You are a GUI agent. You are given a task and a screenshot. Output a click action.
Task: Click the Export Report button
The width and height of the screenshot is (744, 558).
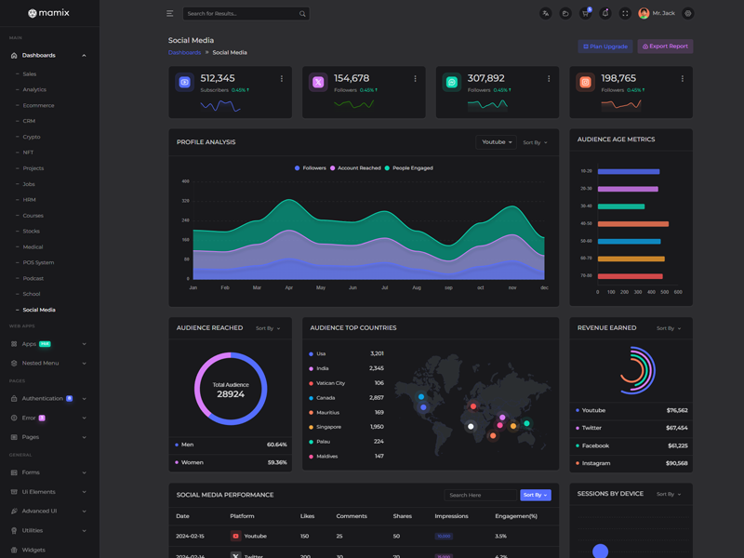click(x=665, y=46)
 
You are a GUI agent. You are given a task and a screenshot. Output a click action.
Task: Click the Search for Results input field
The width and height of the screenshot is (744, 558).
click(x=241, y=14)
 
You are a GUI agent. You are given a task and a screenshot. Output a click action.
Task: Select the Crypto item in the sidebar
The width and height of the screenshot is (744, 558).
click(x=32, y=137)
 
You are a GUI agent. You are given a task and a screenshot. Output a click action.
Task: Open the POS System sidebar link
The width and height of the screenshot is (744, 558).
click(x=38, y=262)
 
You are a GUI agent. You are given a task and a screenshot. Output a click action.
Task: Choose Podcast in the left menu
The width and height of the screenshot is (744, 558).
click(x=33, y=278)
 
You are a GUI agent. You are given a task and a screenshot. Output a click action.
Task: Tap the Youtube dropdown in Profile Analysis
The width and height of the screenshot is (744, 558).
click(x=496, y=142)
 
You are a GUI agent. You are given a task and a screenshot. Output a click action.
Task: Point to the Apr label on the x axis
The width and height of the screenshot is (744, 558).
click(x=289, y=288)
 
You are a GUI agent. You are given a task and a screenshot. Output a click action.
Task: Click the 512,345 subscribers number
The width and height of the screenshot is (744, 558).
click(x=218, y=78)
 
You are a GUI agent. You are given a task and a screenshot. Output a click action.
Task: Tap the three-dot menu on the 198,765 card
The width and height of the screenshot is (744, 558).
click(x=683, y=79)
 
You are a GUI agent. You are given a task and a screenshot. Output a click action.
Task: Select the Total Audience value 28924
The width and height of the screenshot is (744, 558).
click(x=231, y=394)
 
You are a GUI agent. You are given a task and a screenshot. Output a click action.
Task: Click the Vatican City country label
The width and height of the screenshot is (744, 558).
click(x=330, y=383)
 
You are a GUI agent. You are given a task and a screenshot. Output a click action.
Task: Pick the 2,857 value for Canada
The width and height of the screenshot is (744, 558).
click(x=377, y=398)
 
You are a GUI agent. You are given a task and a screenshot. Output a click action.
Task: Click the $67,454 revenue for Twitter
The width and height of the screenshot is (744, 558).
click(x=677, y=428)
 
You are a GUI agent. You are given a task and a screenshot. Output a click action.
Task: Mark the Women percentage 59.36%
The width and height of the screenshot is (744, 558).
click(x=277, y=462)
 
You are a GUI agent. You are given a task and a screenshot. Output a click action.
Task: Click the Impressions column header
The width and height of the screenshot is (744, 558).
click(x=451, y=516)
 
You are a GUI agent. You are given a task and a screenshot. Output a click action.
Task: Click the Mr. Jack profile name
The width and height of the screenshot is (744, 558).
click(x=663, y=14)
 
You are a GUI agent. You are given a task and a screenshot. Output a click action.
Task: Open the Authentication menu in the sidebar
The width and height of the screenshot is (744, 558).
click(x=43, y=398)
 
